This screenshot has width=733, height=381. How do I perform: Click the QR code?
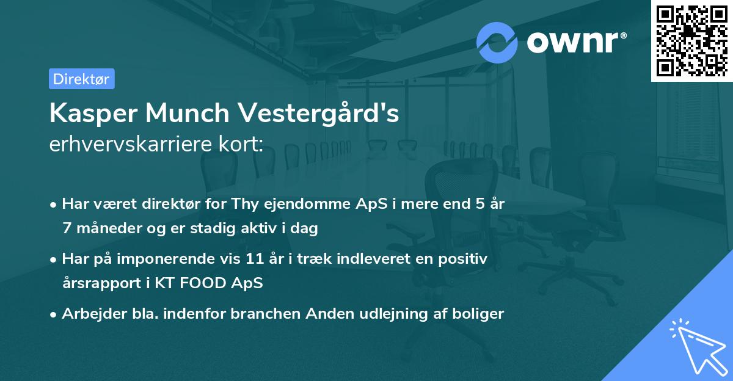[692, 40]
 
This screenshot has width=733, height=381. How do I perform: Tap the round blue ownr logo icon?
[497, 42]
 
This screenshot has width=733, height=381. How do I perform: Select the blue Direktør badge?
[81, 78]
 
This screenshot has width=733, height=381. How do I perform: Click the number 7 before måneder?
[66, 229]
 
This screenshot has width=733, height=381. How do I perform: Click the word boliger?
[476, 314]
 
